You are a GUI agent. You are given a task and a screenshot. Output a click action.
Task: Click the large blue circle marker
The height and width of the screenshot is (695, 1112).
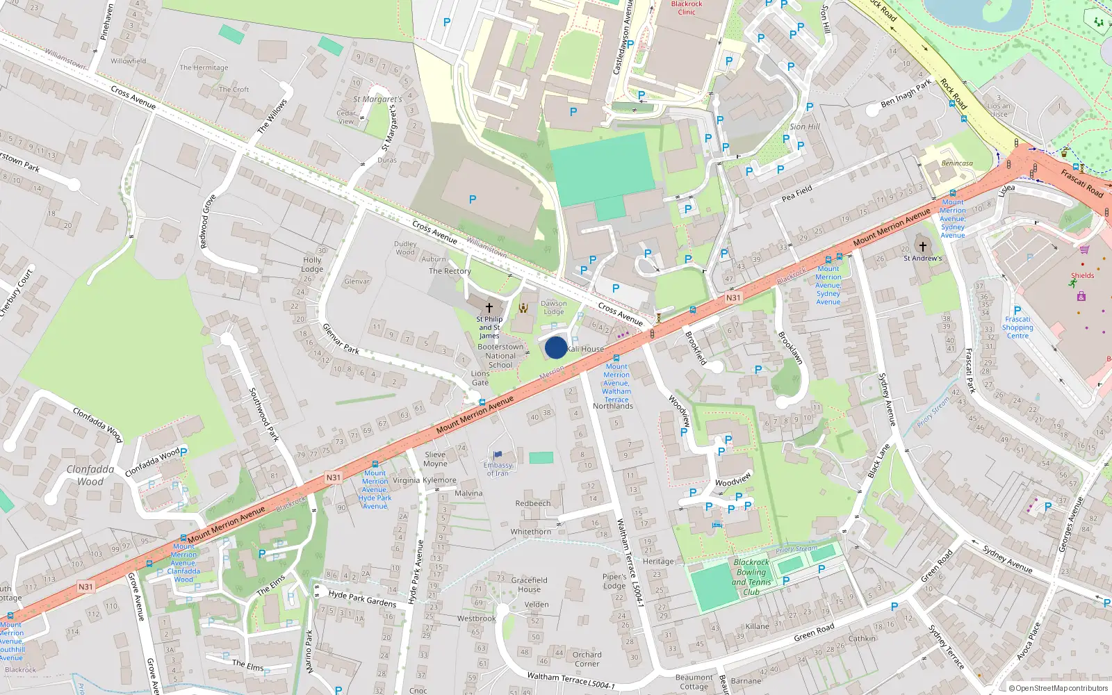tap(555, 347)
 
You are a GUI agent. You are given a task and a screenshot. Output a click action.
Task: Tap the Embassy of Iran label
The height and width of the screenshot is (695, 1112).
tap(498, 469)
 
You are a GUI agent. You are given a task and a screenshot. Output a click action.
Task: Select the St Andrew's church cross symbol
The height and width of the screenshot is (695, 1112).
tap(923, 247)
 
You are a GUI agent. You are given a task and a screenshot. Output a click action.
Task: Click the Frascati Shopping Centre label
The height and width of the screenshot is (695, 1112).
tap(1017, 327)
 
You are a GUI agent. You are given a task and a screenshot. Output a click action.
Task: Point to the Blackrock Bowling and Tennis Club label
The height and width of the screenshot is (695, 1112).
tap(751, 577)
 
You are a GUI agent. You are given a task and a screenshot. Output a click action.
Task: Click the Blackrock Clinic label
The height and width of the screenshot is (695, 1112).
tap(687, 8)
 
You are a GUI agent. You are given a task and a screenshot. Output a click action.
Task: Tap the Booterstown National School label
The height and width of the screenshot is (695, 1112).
tap(500, 356)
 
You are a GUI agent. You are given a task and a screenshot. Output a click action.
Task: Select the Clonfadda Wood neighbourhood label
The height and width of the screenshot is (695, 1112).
tap(90, 475)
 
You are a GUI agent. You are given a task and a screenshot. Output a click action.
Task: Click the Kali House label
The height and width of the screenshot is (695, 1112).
tap(585, 349)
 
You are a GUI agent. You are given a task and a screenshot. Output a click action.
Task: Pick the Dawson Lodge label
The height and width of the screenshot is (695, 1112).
tap(554, 307)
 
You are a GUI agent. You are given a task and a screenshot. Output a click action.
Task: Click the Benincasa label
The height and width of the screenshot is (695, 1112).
tap(957, 163)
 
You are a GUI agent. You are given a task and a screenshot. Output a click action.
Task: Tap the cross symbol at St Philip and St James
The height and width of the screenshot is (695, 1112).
tap(489, 307)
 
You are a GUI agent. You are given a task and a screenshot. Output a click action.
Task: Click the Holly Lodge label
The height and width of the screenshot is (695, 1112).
tap(312, 264)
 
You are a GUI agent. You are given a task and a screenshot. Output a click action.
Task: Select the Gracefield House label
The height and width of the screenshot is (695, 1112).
tap(529, 584)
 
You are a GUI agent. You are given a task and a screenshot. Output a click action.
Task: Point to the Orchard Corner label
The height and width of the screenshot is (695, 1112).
tap(587, 659)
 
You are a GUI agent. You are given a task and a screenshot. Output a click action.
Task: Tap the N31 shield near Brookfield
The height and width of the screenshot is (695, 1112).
tap(733, 297)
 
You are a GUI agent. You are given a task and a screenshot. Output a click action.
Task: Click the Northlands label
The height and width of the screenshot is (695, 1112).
tap(613, 406)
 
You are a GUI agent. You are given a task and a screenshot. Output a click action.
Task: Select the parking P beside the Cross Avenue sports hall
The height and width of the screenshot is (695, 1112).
tap(473, 199)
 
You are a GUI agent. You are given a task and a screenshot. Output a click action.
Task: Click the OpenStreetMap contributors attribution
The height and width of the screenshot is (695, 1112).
tap(1058, 688)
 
